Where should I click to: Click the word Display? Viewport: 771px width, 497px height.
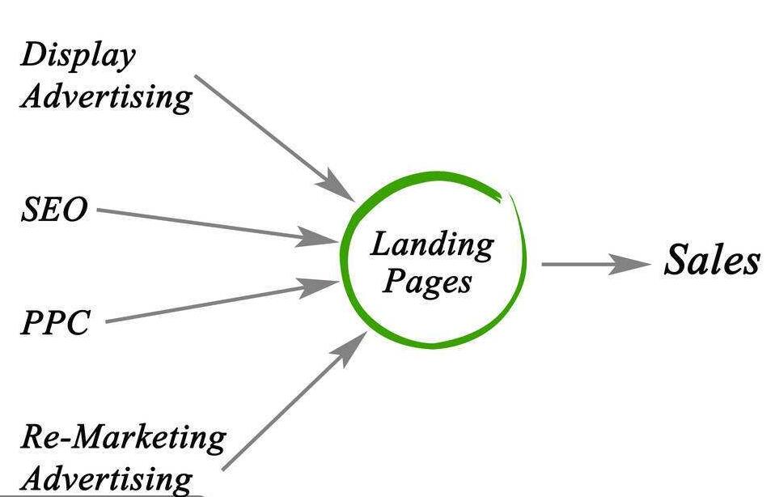pyautogui.click(x=78, y=56)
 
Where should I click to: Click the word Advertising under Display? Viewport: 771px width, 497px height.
pyautogui.click(x=106, y=96)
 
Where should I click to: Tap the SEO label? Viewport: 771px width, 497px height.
pyautogui.click(x=53, y=210)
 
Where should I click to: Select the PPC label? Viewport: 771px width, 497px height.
pyautogui.click(x=55, y=323)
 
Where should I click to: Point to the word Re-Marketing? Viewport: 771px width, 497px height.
pyautogui.click(x=122, y=438)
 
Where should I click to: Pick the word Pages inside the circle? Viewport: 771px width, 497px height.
pyautogui.click(x=426, y=282)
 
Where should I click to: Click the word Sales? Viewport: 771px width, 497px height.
pyautogui.click(x=712, y=261)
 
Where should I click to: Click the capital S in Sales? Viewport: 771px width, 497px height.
pyautogui.click(x=676, y=261)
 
